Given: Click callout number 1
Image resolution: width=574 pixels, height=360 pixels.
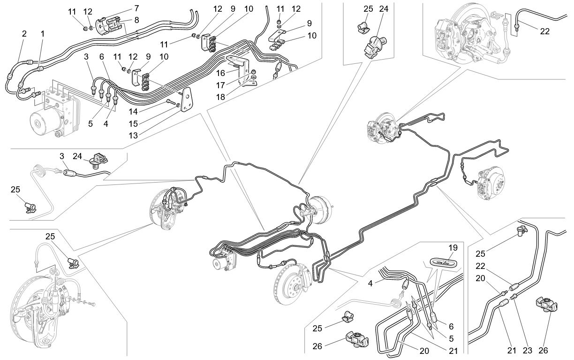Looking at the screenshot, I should (43, 34).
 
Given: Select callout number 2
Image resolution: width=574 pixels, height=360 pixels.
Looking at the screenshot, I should (24, 34).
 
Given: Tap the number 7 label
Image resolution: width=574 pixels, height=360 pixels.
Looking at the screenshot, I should (136, 8).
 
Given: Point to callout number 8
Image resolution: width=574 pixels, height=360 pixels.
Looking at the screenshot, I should (136, 20).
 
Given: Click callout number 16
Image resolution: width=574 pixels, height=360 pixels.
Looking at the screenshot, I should (220, 73).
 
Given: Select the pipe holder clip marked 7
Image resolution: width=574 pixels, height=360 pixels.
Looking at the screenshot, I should (108, 24).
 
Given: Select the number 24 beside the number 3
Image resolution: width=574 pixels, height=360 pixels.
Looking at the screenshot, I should (77, 156).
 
